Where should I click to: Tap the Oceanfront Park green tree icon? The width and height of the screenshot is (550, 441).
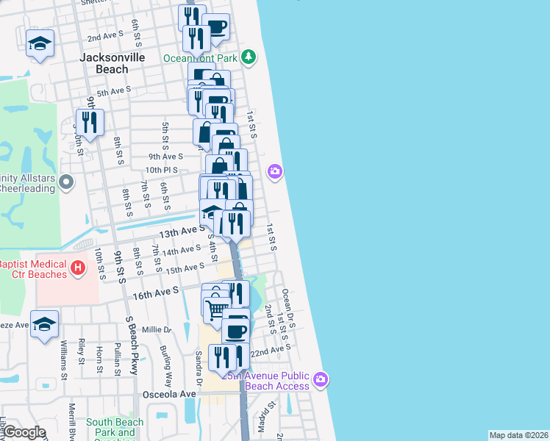pyautogui.click(x=249, y=57)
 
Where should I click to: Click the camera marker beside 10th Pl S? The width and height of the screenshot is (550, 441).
pyautogui.click(x=274, y=171)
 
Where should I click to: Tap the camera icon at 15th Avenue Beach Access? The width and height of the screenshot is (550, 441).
pyautogui.click(x=320, y=380)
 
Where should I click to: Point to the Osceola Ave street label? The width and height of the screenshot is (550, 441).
pyautogui.click(x=173, y=393)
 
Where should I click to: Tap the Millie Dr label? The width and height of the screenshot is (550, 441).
pyautogui.click(x=156, y=329)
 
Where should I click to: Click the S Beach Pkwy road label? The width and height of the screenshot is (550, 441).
pyautogui.click(x=132, y=345)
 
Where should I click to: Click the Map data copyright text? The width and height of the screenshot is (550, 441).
pyautogui.click(x=519, y=435)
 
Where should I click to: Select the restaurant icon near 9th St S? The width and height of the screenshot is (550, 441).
pyautogui.click(x=90, y=122)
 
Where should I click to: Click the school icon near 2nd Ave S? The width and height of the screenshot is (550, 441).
pyautogui.click(x=40, y=43)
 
